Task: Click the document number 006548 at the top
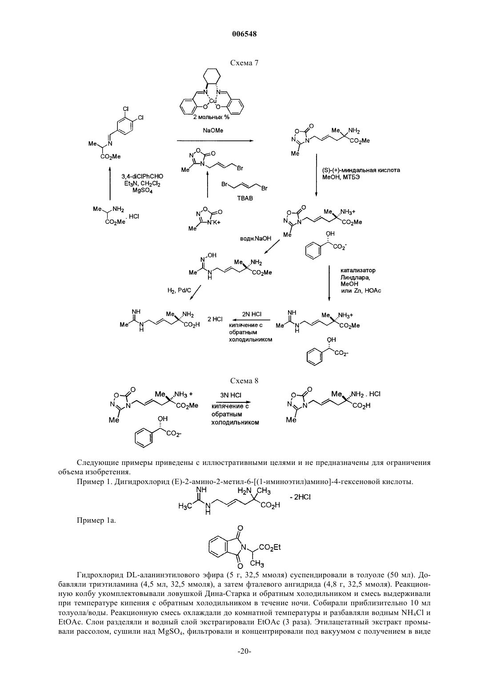pyautogui.click(x=244, y=34)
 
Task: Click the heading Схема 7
pyautogui.click(x=244, y=63)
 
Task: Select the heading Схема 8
pyautogui.click(x=244, y=381)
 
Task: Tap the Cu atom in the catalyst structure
pyautogui.click(x=212, y=101)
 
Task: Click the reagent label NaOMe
pyautogui.click(x=213, y=131)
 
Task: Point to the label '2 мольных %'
pyautogui.click(x=212, y=117)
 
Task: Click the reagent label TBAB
pyautogui.click(x=245, y=199)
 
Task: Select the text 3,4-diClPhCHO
pyautogui.click(x=142, y=176)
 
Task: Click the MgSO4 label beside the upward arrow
pyautogui.click(x=142, y=191)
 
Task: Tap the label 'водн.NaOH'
pyautogui.click(x=256, y=238)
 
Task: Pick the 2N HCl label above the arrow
pyautogui.click(x=252, y=314)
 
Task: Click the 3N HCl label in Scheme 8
pyautogui.click(x=231, y=395)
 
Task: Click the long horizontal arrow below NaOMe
pyautogui.click(x=215, y=141)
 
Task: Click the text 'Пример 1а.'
pyautogui.click(x=96, y=521)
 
